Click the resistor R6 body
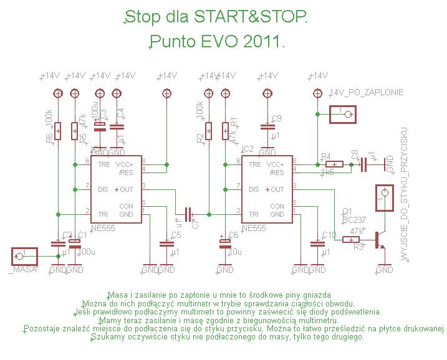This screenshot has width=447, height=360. (58, 131)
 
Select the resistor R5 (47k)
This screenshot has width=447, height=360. (75, 131)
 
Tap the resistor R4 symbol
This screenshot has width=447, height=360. (334, 164)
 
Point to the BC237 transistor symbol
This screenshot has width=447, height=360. (378, 239)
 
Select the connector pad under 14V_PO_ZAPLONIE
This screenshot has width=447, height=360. (342, 114)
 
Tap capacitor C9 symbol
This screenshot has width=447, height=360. (268, 127)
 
